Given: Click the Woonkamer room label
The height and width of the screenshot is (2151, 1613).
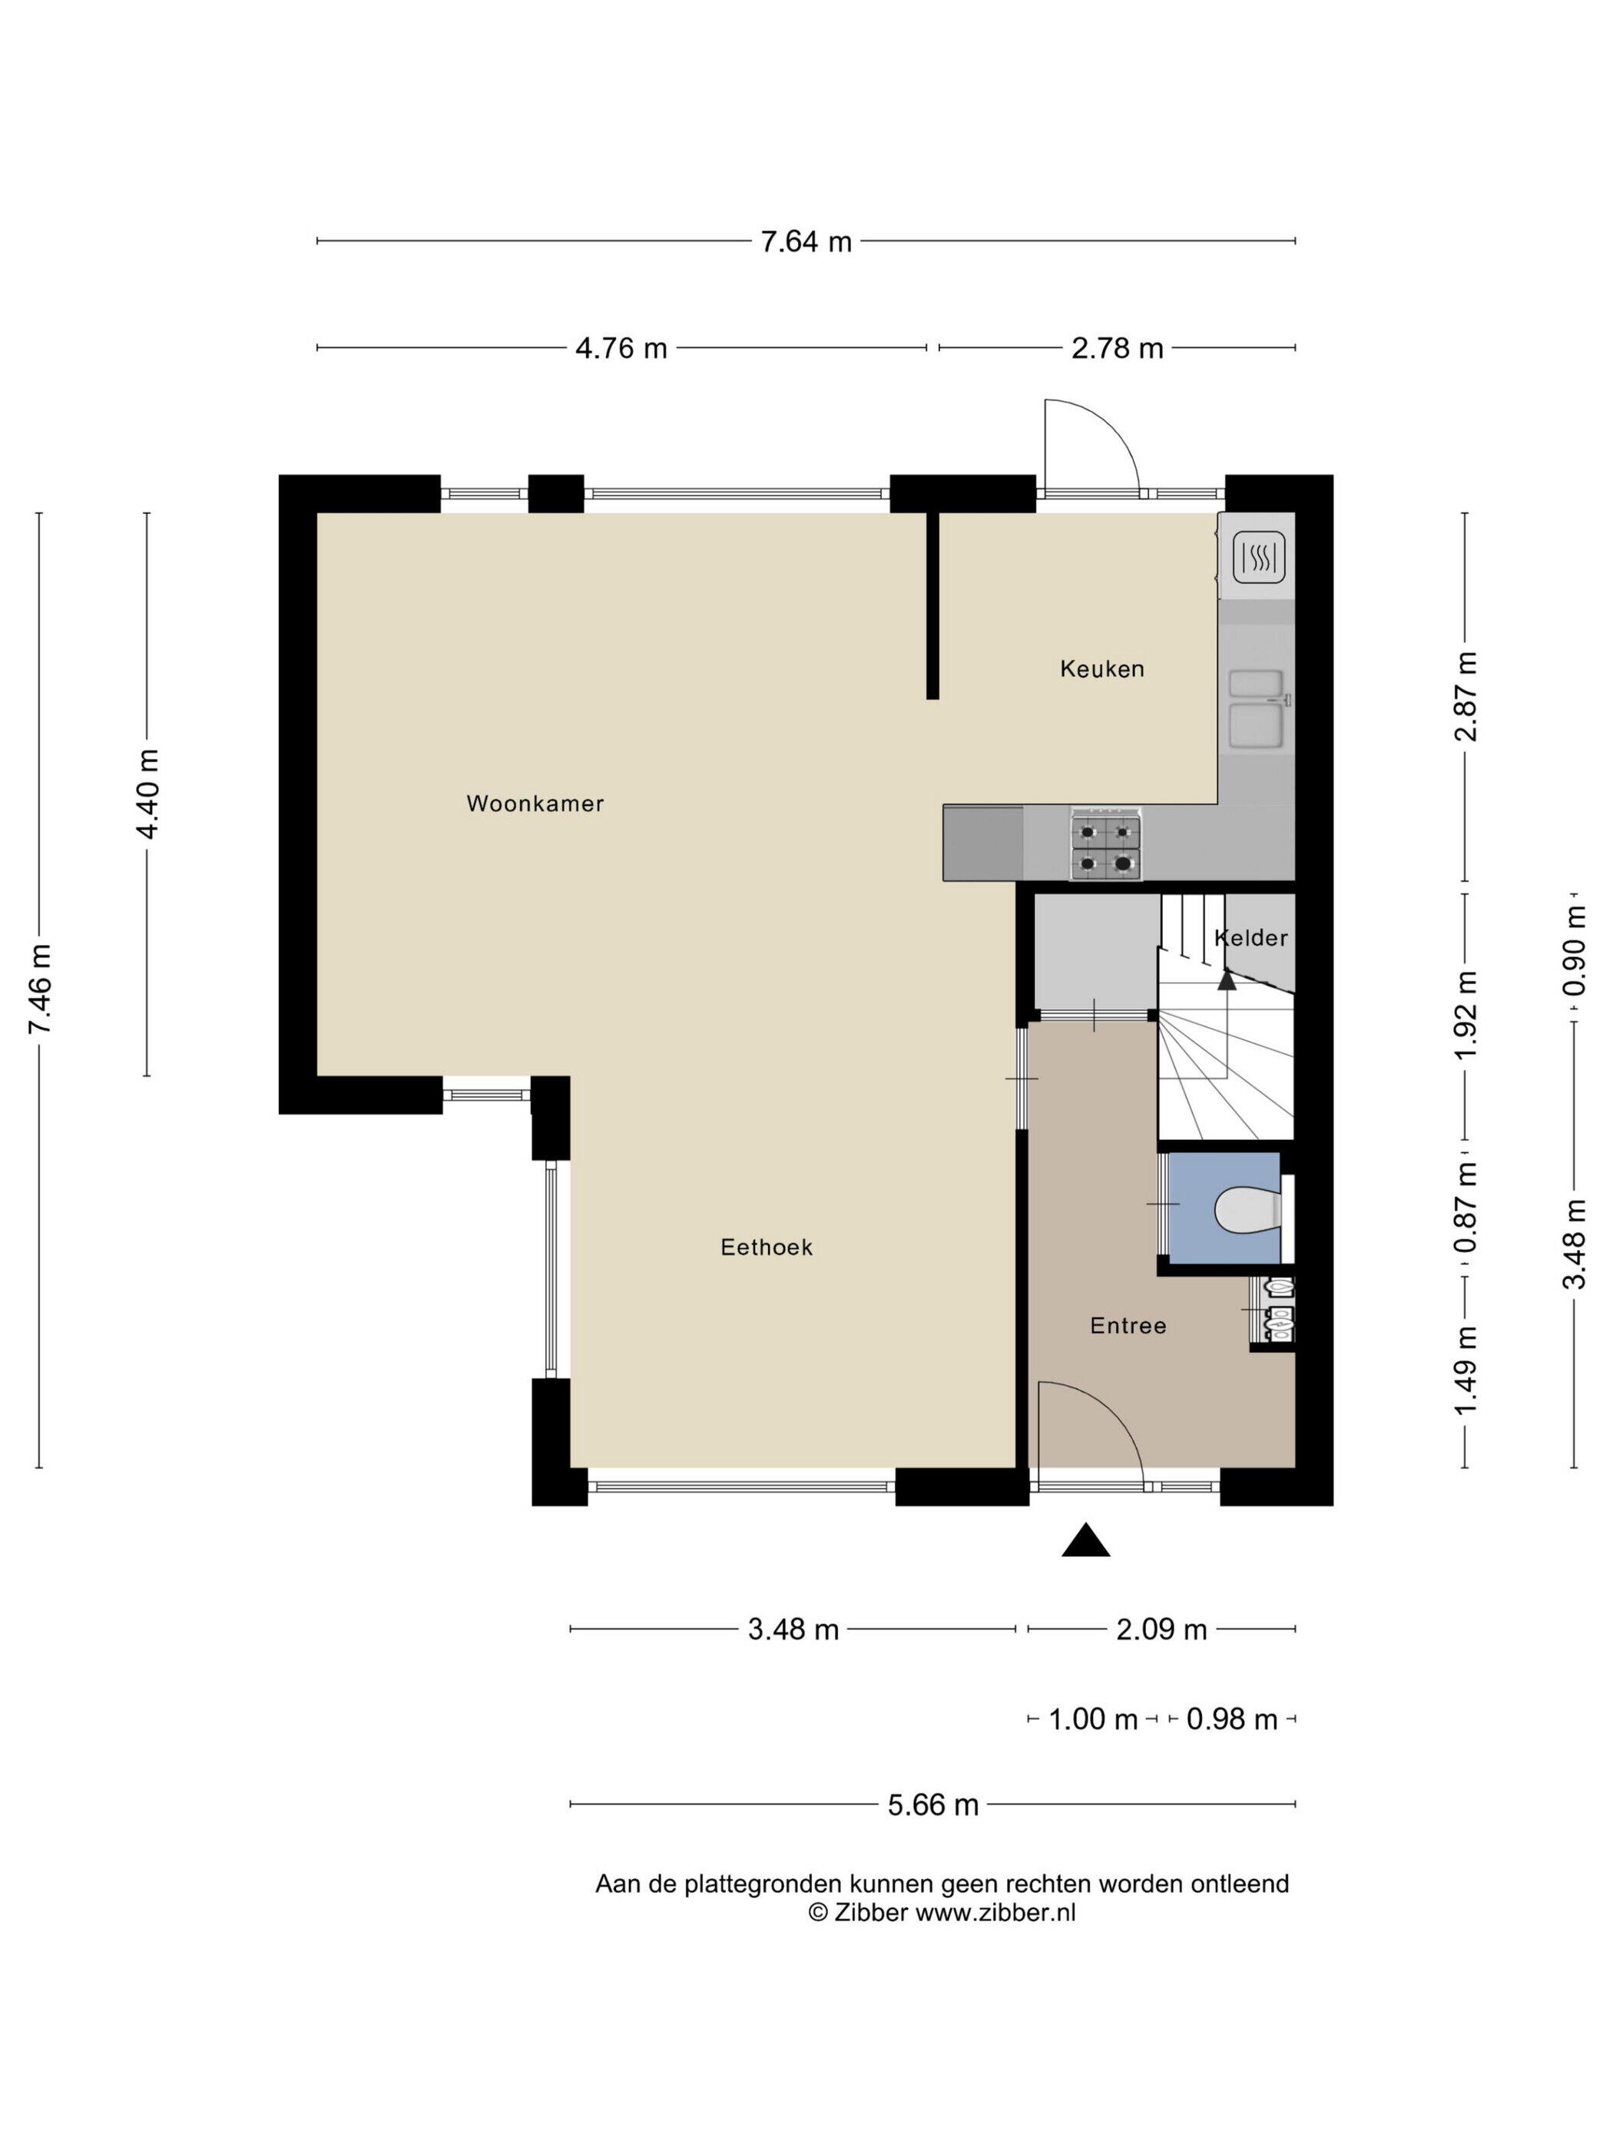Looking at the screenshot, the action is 535,804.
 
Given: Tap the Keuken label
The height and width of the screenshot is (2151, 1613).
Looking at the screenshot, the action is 1101,668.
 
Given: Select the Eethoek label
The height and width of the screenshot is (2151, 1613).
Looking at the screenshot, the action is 766,1247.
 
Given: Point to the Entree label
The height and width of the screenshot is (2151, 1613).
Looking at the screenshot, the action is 1128,1325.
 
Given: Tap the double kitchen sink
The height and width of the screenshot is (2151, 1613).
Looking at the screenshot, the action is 1257,710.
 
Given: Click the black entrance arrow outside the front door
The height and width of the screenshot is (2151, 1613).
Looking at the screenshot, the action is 1085,1543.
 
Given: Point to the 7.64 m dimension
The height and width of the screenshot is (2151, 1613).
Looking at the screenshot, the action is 806,241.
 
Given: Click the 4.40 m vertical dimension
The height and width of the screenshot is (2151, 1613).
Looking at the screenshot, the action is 147,794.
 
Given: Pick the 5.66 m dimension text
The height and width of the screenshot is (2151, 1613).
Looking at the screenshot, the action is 932,1805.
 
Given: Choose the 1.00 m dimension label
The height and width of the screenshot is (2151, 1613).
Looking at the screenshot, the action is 1093,1719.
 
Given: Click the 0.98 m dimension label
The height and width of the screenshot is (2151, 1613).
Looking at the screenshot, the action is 1232,1719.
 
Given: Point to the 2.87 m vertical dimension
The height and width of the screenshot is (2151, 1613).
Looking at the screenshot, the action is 1466,696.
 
